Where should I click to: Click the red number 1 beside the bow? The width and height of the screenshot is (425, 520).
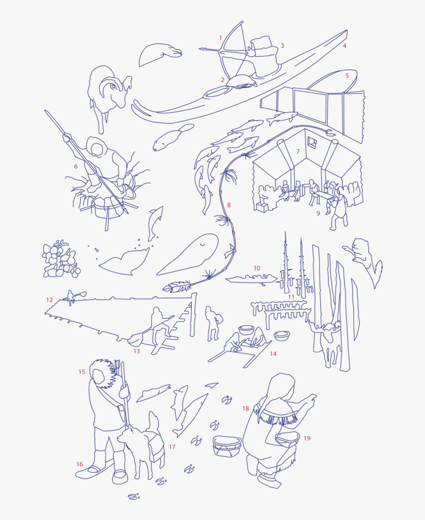221,38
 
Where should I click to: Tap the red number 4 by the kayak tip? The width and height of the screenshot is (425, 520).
344,46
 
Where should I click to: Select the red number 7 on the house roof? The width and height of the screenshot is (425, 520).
298,151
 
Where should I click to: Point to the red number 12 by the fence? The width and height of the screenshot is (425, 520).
49,300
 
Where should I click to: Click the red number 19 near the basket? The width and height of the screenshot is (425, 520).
307,438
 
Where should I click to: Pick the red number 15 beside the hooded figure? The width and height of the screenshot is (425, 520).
82,372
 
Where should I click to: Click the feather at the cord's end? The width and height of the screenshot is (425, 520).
176,287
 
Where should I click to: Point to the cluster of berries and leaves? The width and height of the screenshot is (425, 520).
59,260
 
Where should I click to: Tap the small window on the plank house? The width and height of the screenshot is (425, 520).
312,142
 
